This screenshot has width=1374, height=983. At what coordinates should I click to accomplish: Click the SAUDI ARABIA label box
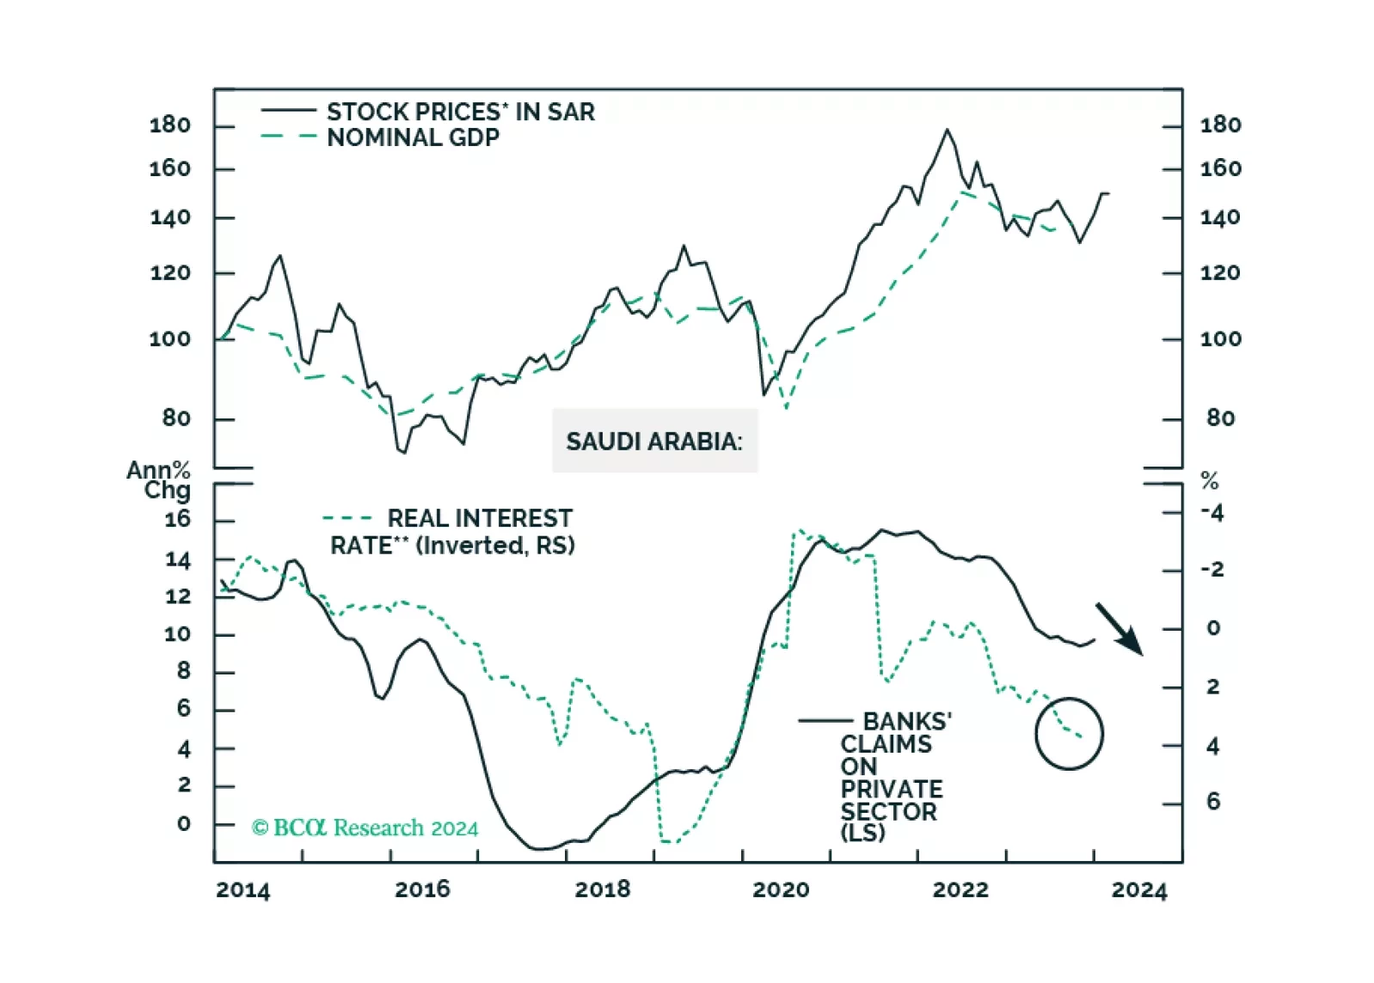pyautogui.click(x=654, y=441)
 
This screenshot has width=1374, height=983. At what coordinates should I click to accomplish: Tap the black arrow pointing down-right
pyautogui.click(x=1119, y=629)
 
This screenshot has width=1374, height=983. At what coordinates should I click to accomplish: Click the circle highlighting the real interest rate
pyautogui.click(x=1069, y=733)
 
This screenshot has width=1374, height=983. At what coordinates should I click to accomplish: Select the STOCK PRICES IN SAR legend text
pyautogui.click(x=460, y=112)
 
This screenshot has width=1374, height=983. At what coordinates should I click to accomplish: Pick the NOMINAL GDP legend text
pyautogui.click(x=413, y=137)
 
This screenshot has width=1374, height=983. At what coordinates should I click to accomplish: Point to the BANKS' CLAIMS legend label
pyautogui.click(x=906, y=721)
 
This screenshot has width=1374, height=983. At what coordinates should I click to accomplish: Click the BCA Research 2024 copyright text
pyautogui.click(x=365, y=827)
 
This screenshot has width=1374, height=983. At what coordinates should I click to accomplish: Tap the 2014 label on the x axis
pyautogui.click(x=242, y=889)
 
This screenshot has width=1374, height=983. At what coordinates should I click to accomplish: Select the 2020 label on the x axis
pyautogui.click(x=781, y=889)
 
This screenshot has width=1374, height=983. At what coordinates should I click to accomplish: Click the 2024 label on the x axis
pyautogui.click(x=1139, y=889)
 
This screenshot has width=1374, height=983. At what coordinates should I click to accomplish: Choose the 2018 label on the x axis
pyautogui.click(x=602, y=889)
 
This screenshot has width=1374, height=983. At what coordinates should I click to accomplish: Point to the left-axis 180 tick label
pyautogui.click(x=170, y=125)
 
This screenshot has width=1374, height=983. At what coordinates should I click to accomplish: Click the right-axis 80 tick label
pyautogui.click(x=1221, y=418)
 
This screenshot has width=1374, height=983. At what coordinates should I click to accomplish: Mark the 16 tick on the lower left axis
pyautogui.click(x=177, y=520)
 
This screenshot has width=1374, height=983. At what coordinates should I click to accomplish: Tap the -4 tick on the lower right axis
pyautogui.click(x=1212, y=514)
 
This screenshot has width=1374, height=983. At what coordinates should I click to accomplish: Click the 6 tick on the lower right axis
pyautogui.click(x=1213, y=802)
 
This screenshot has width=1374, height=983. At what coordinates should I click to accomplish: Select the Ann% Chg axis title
pyautogui.click(x=159, y=480)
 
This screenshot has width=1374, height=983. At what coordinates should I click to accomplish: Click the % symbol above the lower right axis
pyautogui.click(x=1210, y=481)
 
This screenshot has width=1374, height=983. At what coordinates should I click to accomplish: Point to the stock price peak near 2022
pyautogui.click(x=948, y=130)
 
